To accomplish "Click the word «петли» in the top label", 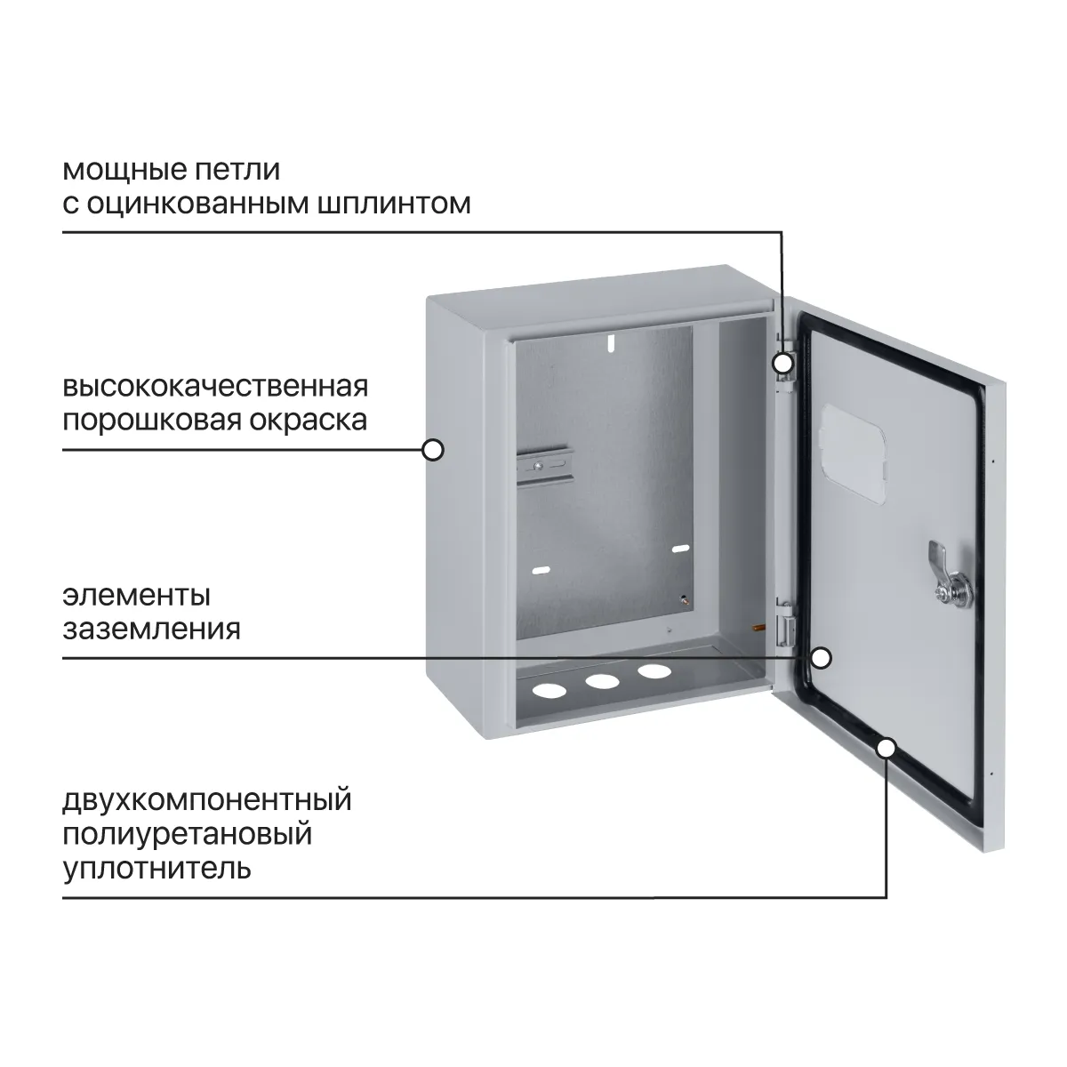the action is [237, 171].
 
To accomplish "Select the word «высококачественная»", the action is [215, 386].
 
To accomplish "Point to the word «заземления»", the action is [152, 630].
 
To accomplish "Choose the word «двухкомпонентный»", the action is [207, 800].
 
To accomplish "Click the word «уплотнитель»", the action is [157, 868].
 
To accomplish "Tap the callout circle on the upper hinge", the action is [783, 364].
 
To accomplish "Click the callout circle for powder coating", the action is [433, 450].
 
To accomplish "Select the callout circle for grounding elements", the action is [822, 658].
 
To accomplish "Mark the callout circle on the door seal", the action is [886, 749].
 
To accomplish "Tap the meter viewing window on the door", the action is [854, 453].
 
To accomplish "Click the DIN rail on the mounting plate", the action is [543, 466].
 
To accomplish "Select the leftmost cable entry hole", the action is [550, 691].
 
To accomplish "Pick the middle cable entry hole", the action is [603, 681].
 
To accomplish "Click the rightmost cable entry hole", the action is [654, 671].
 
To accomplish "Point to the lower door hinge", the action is [785, 623].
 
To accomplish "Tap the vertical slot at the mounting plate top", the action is [611, 342].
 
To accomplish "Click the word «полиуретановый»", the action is [188, 834].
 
